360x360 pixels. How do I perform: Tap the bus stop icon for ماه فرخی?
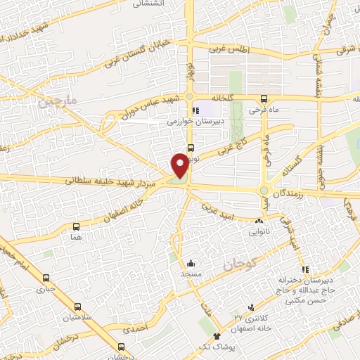click(x=263, y=99)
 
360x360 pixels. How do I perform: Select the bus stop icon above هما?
click(x=77, y=226)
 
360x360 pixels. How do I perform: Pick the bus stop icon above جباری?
click(x=46, y=278)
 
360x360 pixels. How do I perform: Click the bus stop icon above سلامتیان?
click(x=77, y=307)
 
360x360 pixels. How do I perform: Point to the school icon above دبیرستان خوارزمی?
click(x=195, y=110)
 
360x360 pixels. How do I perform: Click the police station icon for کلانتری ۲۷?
click(x=251, y=308)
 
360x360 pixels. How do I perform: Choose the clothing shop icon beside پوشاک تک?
click(x=217, y=337)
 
